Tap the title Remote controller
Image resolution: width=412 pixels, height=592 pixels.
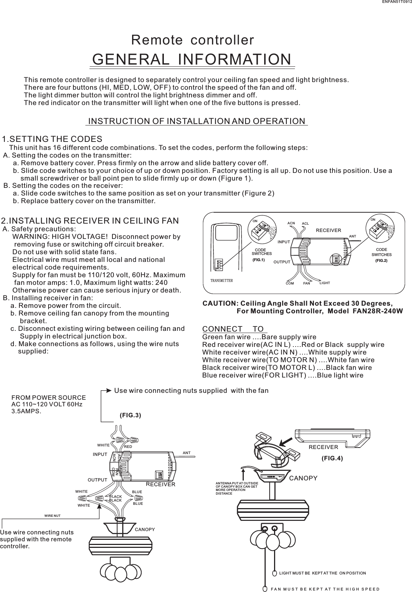192,40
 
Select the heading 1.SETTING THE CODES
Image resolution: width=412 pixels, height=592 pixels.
52,139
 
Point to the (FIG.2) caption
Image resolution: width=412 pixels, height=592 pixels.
381,261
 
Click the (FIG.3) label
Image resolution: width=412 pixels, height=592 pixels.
130,415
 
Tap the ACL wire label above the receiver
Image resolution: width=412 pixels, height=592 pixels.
305,224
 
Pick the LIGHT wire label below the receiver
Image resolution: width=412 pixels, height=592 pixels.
324,283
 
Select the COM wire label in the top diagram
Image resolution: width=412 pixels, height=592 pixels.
290,283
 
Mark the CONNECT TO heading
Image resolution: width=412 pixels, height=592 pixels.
235,329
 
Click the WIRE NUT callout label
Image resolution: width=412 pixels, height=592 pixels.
52,516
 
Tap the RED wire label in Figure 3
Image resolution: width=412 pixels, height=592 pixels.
128,446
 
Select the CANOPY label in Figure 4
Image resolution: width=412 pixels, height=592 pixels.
303,478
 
